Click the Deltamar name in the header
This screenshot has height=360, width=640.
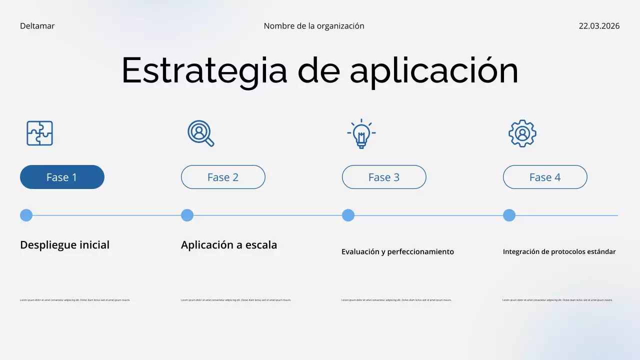37,26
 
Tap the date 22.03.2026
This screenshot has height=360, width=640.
599,26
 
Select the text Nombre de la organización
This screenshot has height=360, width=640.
314,26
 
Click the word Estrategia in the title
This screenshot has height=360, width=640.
204,70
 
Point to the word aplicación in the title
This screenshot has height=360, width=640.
433,70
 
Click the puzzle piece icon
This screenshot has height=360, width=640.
39,133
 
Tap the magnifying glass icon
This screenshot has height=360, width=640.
200,133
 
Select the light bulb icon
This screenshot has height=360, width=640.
361,133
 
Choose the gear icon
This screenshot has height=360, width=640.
522,133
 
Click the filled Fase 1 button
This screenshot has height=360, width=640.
62,177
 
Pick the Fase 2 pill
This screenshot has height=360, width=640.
223,177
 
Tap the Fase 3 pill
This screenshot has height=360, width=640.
384,177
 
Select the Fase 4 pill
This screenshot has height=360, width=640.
545,177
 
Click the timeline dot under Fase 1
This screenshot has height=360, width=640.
26,215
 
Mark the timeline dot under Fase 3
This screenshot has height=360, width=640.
348,215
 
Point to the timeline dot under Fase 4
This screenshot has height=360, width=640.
509,215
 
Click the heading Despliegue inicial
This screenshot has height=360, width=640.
64,245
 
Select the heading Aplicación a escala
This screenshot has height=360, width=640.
228,245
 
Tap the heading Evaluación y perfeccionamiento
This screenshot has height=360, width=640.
397,252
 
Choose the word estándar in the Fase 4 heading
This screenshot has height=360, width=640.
600,252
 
